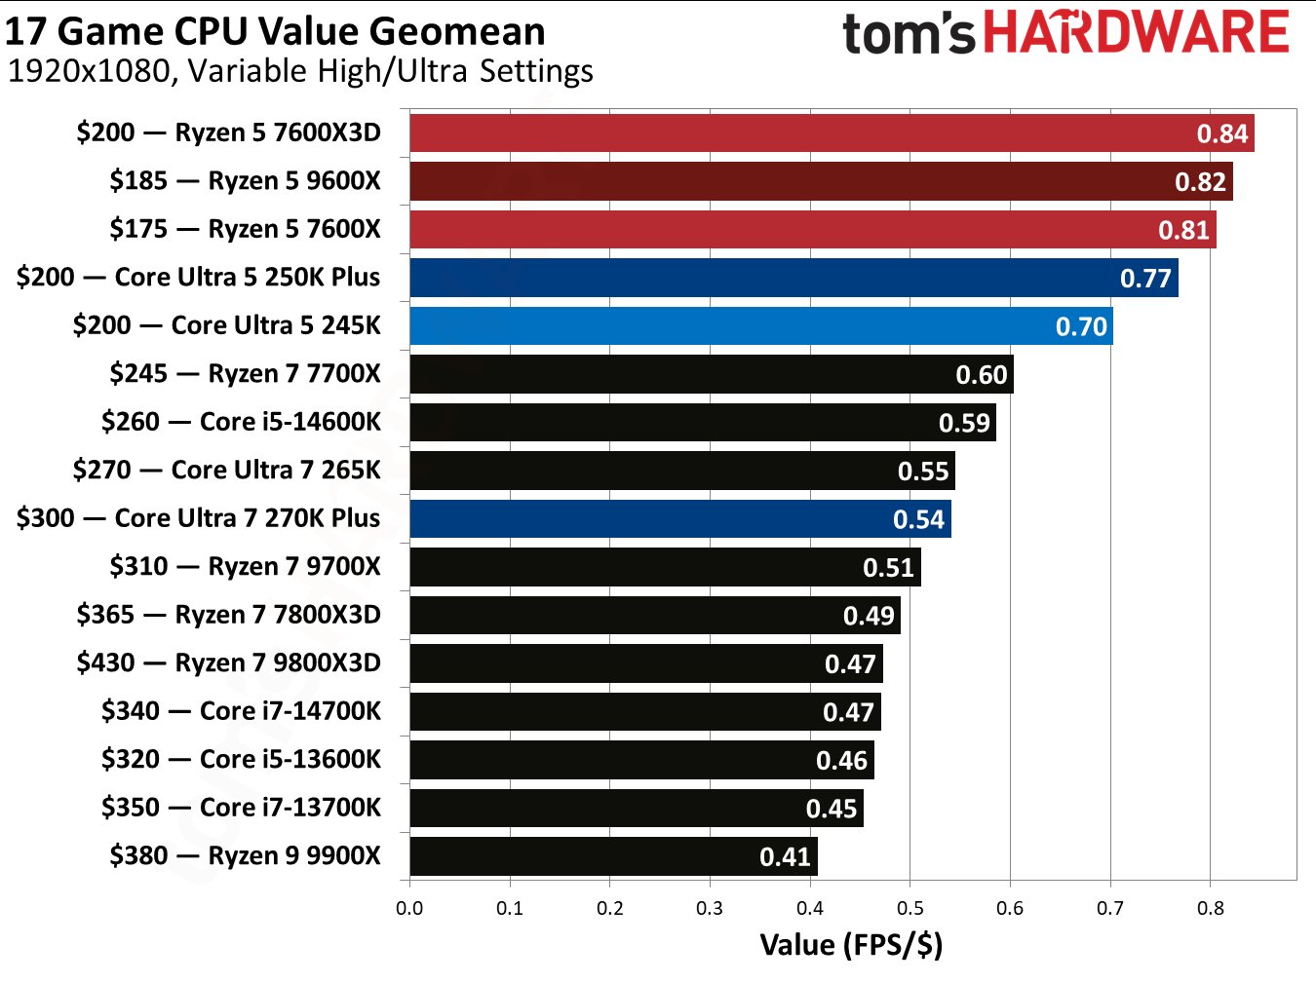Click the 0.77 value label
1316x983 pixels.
pyautogui.click(x=1144, y=279)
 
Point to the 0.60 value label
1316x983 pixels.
pyautogui.click(x=981, y=375)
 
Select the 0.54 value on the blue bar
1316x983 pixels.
pyautogui.click(x=918, y=519)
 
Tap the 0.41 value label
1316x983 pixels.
pyautogui.click(x=785, y=857)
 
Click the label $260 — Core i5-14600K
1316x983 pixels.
pyautogui.click(x=241, y=422)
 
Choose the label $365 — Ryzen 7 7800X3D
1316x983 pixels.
pyautogui.click(x=228, y=615)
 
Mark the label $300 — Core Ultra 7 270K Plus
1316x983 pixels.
pyautogui.click(x=198, y=518)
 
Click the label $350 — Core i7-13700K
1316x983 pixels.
pyautogui.click(x=241, y=808)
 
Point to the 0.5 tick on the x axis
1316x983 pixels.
pyautogui.click(x=910, y=909)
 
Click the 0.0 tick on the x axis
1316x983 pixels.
pyautogui.click(x=409, y=909)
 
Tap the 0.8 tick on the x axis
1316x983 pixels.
pyautogui.click(x=1210, y=909)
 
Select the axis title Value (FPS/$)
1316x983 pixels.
pyautogui.click(x=851, y=945)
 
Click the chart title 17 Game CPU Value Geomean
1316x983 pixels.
pyautogui.click(x=275, y=31)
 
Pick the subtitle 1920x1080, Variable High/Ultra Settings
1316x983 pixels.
pyautogui.click(x=300, y=72)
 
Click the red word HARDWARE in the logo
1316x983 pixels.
pyautogui.click(x=1136, y=32)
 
